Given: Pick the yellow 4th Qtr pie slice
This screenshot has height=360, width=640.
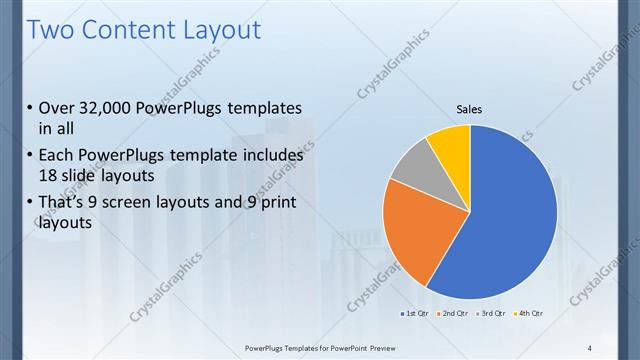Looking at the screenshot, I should point(450,143).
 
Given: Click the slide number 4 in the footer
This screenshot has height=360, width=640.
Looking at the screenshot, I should point(590,347).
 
